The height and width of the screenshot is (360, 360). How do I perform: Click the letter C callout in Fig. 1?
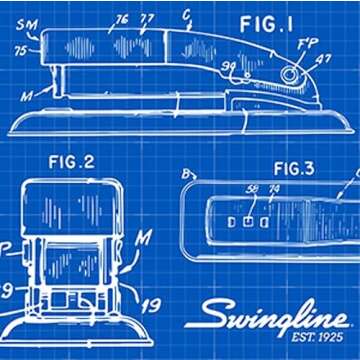(x=187, y=15)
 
